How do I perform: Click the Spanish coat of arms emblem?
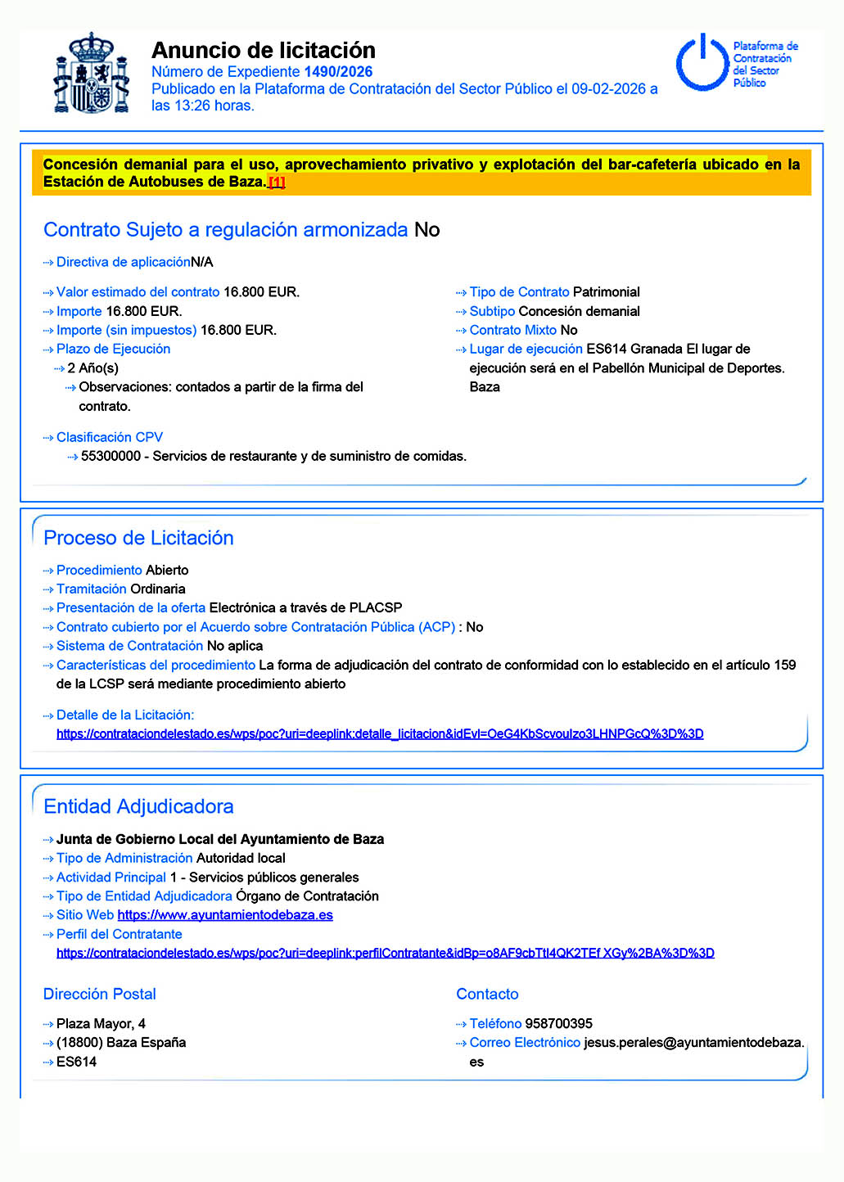pyautogui.click(x=91, y=74)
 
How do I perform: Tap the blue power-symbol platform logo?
pyautogui.click(x=702, y=62)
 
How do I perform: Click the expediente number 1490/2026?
pyautogui.click(x=338, y=72)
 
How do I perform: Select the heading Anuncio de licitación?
pyautogui.click(x=264, y=50)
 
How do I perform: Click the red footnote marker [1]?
pyautogui.click(x=277, y=183)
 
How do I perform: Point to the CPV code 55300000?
pyautogui.click(x=111, y=456)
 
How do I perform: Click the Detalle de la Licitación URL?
pyautogui.click(x=380, y=734)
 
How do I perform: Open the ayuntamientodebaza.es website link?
pyautogui.click(x=225, y=915)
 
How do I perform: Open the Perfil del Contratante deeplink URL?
pyautogui.click(x=385, y=953)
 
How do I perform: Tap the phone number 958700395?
pyautogui.click(x=558, y=1024)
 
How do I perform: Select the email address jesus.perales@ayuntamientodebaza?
pyautogui.click(x=693, y=1043)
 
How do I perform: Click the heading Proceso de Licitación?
pyautogui.click(x=138, y=538)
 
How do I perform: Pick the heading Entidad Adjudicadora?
pyautogui.click(x=138, y=806)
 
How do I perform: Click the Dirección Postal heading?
pyautogui.click(x=99, y=994)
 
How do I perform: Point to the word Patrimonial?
pyautogui.click(x=606, y=292)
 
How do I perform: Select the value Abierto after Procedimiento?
pyautogui.click(x=167, y=571)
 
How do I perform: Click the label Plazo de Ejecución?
pyautogui.click(x=113, y=349)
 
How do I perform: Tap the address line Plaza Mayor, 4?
pyautogui.click(x=101, y=1024)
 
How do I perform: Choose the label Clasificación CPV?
pyautogui.click(x=109, y=437)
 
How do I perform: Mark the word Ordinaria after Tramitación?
pyautogui.click(x=157, y=589)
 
